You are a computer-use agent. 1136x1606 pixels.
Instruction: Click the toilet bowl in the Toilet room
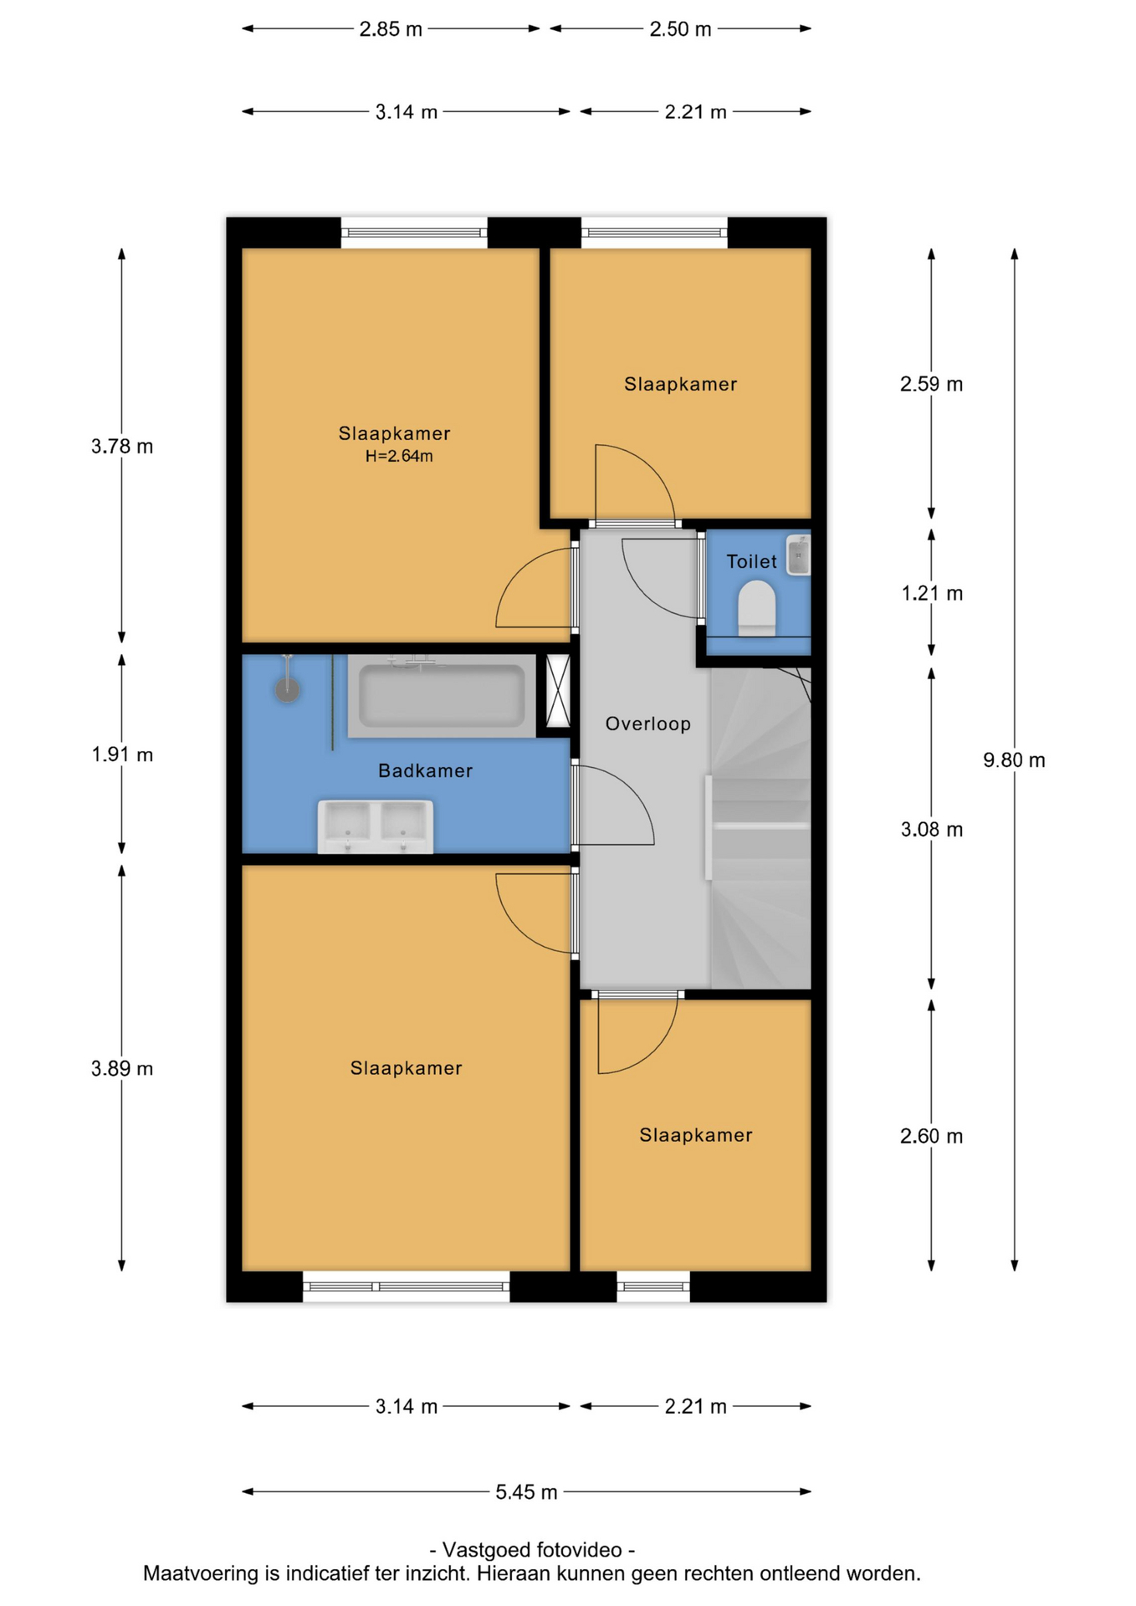click(757, 608)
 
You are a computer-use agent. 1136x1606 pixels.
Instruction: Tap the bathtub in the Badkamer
click(442, 696)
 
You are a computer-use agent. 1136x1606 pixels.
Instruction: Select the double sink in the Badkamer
click(376, 826)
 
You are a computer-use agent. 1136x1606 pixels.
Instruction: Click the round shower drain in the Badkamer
click(288, 690)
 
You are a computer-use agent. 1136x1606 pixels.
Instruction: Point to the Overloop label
click(648, 724)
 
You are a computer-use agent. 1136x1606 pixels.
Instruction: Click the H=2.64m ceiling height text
click(399, 456)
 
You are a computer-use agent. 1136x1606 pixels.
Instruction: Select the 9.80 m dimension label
click(1014, 760)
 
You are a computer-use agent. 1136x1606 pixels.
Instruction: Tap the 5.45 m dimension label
click(526, 1491)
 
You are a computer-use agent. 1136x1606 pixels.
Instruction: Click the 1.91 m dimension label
click(122, 754)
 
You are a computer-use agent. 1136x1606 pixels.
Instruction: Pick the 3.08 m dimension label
click(932, 829)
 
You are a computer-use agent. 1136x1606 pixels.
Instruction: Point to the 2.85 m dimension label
click(391, 29)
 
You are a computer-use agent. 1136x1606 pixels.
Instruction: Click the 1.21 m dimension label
click(932, 593)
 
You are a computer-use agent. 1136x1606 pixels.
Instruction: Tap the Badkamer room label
click(426, 770)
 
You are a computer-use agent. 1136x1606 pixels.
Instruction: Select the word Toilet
click(751, 561)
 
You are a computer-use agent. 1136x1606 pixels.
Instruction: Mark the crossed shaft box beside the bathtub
click(557, 691)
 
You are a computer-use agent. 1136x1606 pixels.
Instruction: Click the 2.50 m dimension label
click(680, 29)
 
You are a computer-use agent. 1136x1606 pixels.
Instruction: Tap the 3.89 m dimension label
click(122, 1068)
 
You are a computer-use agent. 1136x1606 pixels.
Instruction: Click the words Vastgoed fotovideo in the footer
click(532, 1549)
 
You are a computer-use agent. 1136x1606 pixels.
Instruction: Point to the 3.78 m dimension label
click(122, 446)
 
